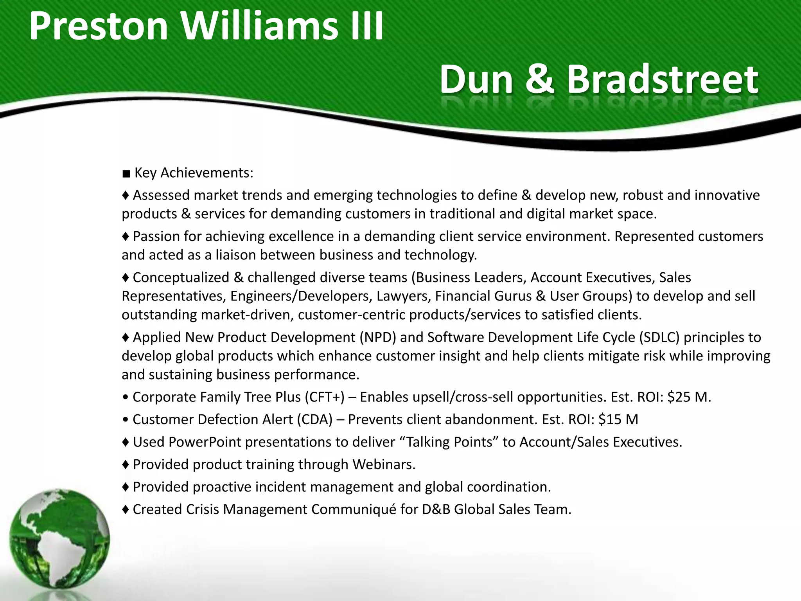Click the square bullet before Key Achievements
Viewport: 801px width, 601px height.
126,173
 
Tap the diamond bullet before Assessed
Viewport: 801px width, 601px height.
126,195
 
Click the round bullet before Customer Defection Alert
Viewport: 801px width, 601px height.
125,419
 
